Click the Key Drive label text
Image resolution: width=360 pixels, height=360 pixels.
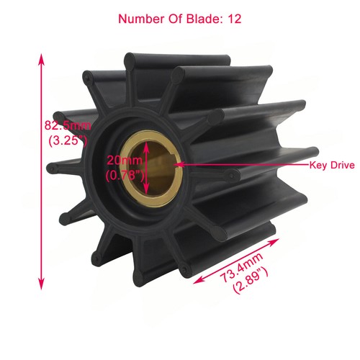tap(333, 165)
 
